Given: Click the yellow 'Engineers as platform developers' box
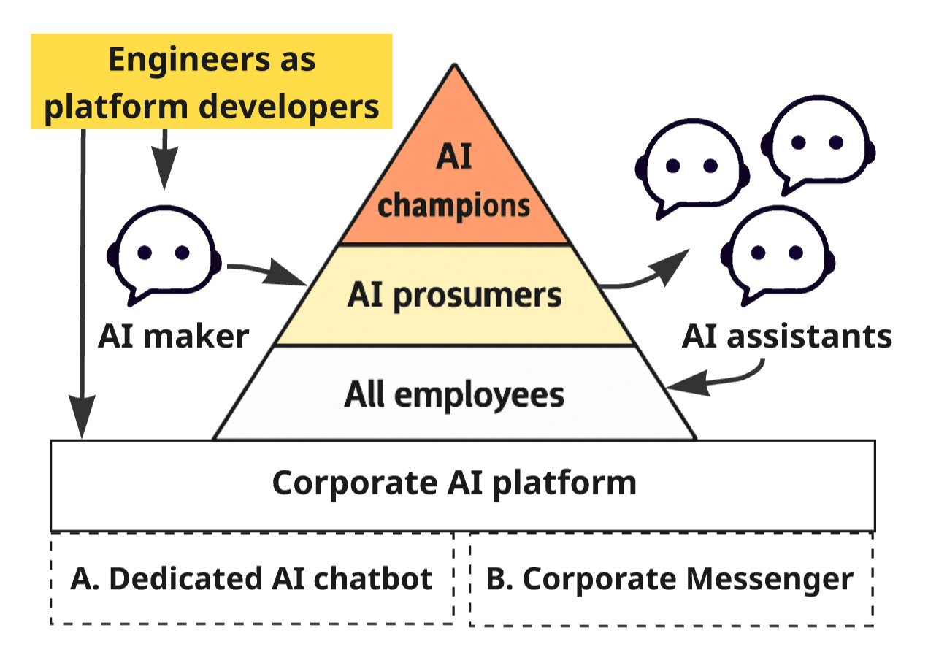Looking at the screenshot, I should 211,80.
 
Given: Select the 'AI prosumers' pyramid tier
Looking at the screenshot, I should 454,295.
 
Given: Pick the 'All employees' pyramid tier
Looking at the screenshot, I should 454,394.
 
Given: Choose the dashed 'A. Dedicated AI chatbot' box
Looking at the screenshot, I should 252,579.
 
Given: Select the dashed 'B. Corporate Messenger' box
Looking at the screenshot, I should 670,579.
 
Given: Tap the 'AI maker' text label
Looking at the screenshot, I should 174,337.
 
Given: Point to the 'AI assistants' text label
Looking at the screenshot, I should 786,337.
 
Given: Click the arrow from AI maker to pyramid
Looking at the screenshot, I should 267,273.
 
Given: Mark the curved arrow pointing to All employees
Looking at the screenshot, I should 719,379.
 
